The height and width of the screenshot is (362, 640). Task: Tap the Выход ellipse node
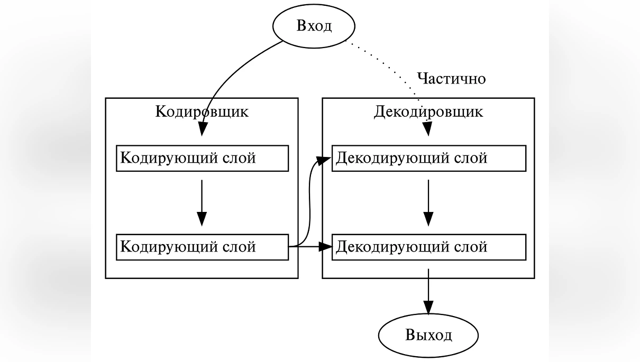428,335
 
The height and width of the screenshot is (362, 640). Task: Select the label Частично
451,79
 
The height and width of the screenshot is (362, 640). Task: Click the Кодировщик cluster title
202,112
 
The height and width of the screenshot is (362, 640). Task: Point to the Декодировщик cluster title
428,112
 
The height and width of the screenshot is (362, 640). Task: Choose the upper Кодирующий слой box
202,159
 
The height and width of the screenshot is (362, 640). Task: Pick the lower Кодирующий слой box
202,247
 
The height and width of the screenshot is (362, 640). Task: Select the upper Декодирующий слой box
428,159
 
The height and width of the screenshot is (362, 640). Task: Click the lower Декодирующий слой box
428,247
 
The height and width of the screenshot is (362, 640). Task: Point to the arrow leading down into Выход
428,288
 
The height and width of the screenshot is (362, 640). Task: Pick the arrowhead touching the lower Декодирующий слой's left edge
325,246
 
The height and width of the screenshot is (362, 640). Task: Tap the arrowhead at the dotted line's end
427,129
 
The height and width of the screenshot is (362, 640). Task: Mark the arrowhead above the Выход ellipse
428,308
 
